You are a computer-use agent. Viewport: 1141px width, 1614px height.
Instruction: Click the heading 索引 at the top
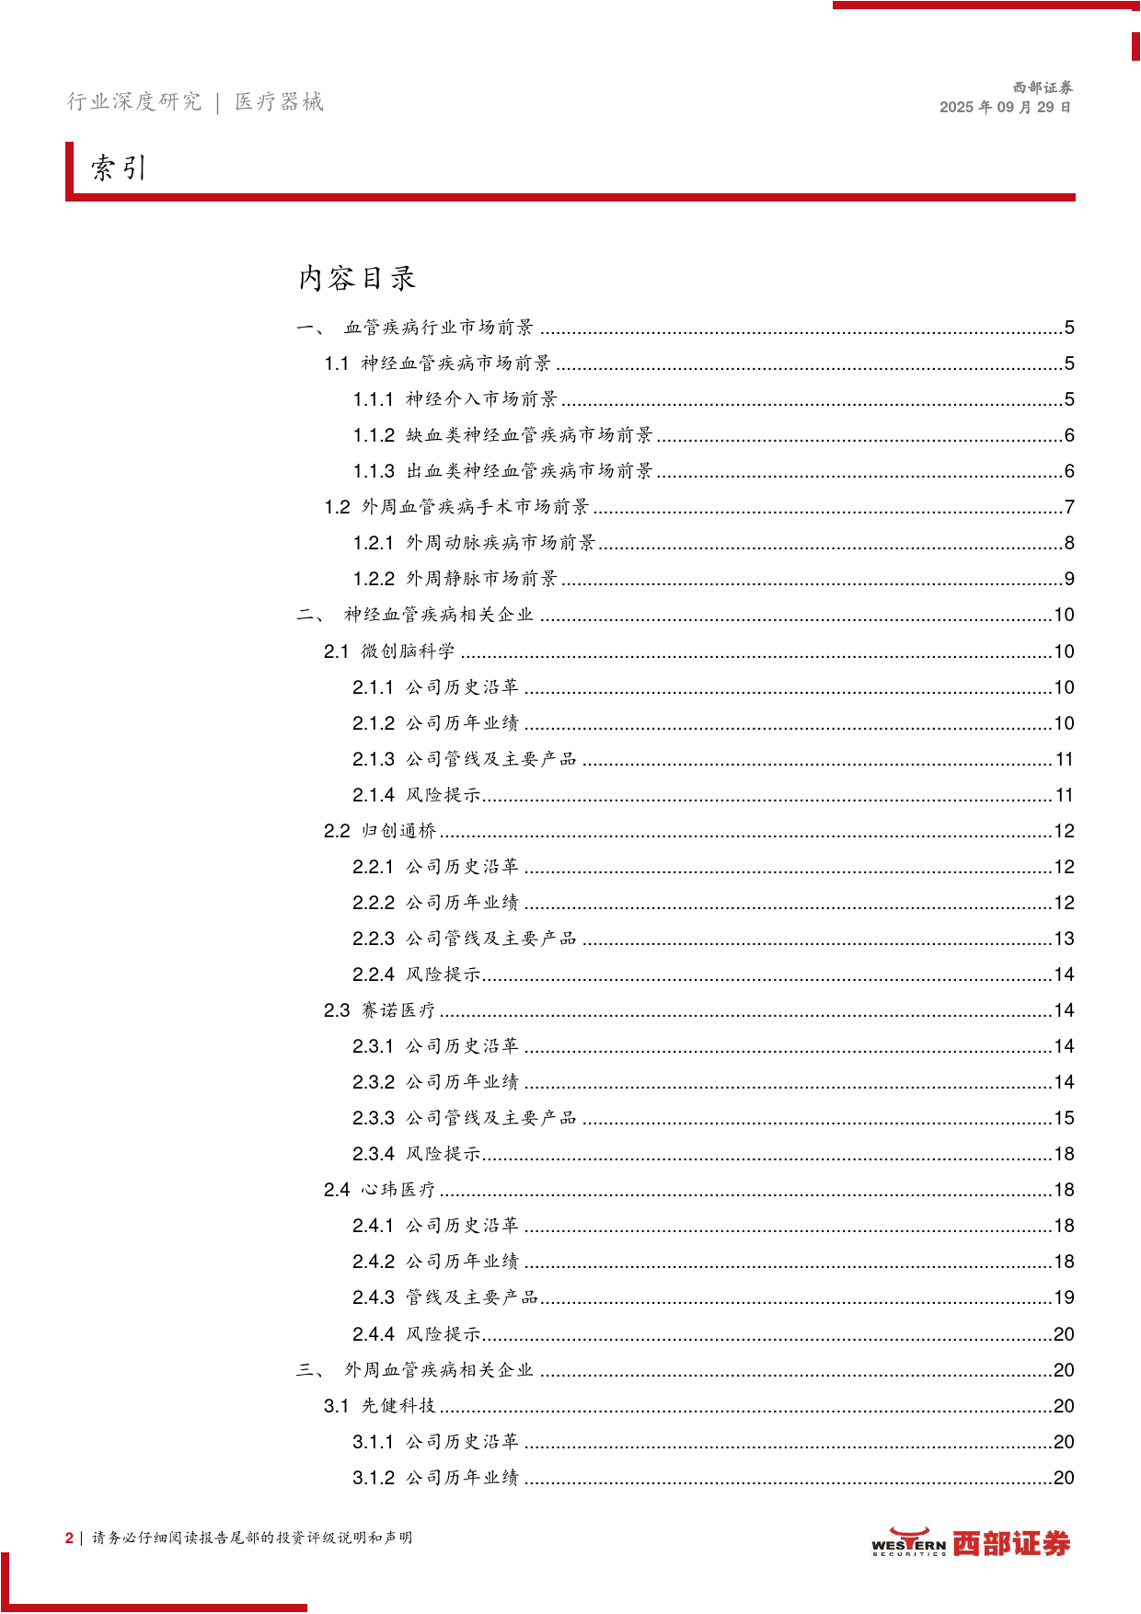coord(119,168)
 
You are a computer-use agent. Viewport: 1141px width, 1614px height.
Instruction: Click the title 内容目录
coord(357,278)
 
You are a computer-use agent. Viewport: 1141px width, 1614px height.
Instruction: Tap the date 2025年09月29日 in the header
coord(1005,107)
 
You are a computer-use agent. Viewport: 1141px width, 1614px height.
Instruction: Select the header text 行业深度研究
coord(134,101)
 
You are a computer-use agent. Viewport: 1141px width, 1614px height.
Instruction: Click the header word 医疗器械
coord(279,101)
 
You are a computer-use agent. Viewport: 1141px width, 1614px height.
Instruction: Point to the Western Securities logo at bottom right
coord(971,1543)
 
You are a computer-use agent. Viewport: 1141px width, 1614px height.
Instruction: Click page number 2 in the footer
coord(69,1538)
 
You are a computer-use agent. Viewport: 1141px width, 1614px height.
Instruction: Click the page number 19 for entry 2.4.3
coord(1064,1297)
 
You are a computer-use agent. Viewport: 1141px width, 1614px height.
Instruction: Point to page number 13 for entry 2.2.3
coord(1064,939)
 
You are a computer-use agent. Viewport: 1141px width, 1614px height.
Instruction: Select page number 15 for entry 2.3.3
coord(1064,1118)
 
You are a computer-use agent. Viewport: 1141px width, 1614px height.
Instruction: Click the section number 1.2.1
coord(374,543)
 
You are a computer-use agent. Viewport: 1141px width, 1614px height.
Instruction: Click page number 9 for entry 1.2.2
coord(1069,579)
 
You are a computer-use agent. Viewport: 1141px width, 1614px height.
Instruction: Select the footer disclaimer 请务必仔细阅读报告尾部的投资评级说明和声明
coord(251,1538)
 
